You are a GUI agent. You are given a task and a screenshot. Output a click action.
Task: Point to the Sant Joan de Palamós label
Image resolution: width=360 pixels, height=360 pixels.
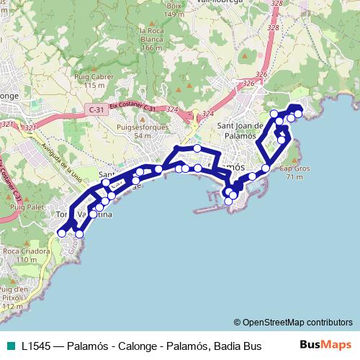pyautogui.click(x=241, y=130)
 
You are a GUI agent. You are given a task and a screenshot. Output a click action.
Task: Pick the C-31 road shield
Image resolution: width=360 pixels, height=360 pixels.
pyautogui.click(x=95, y=109)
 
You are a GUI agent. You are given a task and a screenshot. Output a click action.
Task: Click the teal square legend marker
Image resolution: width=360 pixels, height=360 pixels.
pyautogui.click(x=9, y=345)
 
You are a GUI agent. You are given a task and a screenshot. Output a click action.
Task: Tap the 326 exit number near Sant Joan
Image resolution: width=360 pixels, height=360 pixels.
pyautogui.click(x=249, y=84)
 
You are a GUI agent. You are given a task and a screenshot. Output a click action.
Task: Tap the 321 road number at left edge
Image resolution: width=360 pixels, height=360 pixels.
pyautogui.click(x=8, y=124)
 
